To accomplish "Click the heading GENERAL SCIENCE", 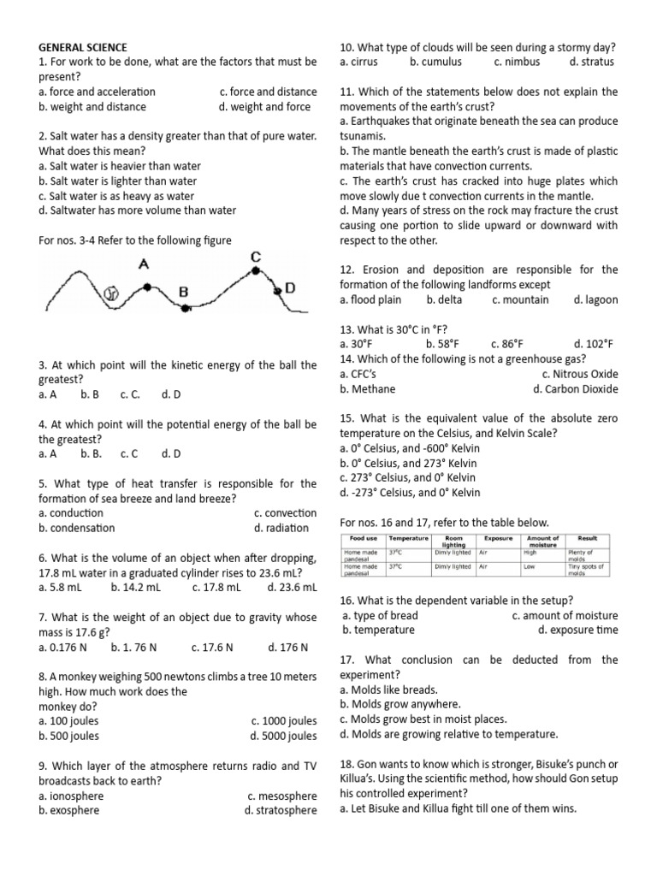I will tap(83, 47).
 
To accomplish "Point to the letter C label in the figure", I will tap(255, 257).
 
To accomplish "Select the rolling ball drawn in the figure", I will tap(109, 293).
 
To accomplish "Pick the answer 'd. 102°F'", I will tap(593, 344).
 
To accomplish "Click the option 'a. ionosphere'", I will tap(71, 796).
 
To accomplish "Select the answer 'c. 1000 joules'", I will tap(284, 720).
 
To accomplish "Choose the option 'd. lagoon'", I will tap(595, 299).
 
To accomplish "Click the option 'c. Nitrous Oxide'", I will tap(579, 374).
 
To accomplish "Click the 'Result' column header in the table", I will tap(588, 538).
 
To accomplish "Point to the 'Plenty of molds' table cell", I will tap(587, 556).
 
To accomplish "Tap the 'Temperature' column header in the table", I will tap(408, 538).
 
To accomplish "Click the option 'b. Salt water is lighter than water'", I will tap(117, 181).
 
